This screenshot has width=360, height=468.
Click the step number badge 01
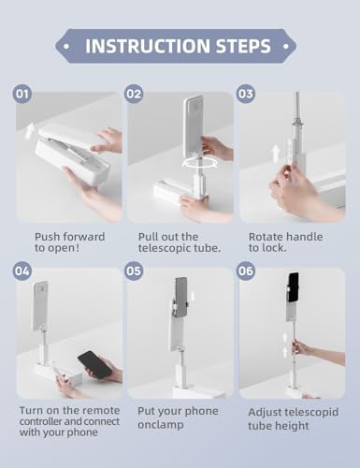23,94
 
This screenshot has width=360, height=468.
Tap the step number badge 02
135,94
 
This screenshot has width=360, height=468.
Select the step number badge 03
246,94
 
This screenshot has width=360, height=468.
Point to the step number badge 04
23,271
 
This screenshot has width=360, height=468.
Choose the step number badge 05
135,271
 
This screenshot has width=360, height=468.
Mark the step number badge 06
246,271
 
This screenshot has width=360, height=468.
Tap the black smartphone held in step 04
93,364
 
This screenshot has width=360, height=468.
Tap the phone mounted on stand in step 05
180,297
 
